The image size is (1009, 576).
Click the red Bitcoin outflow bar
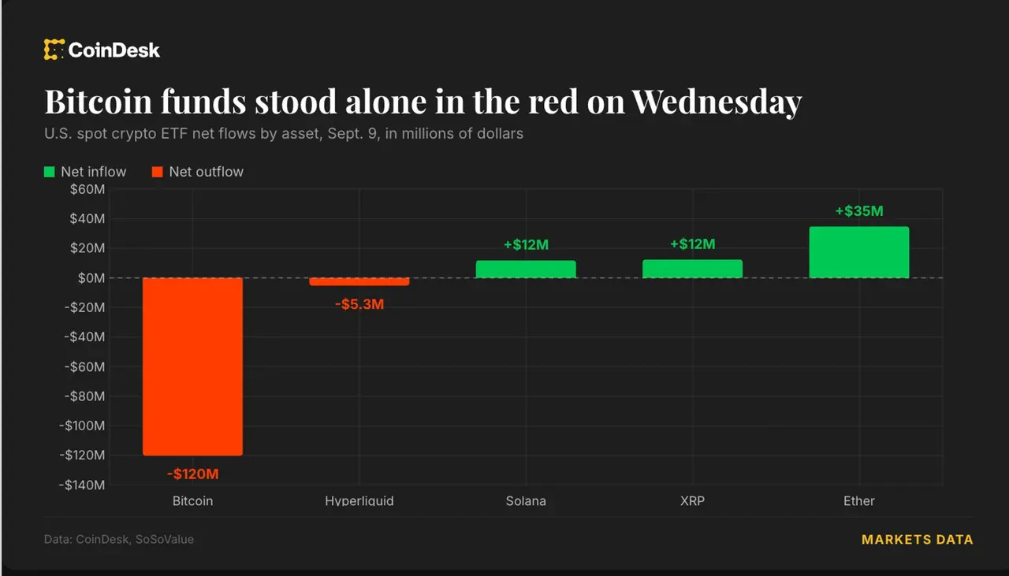pos(193,366)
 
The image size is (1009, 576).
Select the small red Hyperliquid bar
pos(359,281)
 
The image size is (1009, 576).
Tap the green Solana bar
pos(526,269)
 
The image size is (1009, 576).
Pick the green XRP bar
pos(692,269)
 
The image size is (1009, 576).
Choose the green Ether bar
pos(859,252)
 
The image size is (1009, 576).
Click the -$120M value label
pos(193,474)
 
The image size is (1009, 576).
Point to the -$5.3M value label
pos(359,304)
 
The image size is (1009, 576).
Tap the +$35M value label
pos(859,210)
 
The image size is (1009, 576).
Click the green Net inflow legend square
pos(49,172)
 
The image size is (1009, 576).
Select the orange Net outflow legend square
pos(157,172)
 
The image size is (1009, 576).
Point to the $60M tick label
pos(87,189)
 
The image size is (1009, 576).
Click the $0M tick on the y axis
pos(91,278)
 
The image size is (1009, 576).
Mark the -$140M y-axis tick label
pos(82,485)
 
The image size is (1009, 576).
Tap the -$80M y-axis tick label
pos(84,396)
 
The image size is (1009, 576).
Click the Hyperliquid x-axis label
pos(359,501)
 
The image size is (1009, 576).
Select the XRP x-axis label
pos(692,501)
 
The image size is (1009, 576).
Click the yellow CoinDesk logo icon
pos(54,50)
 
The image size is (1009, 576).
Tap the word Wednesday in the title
pos(717,102)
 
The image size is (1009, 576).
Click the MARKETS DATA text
pos(917,540)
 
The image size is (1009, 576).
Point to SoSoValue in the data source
pos(165,539)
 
